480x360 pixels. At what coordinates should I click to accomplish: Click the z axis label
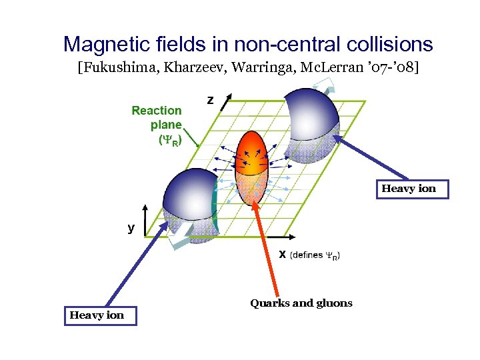pos(210,100)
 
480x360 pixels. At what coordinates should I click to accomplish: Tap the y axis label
pos(131,227)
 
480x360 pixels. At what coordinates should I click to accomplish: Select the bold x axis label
pos(283,255)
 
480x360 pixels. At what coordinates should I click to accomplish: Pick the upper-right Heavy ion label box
pos(409,189)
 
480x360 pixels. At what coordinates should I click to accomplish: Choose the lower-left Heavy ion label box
pos(97,315)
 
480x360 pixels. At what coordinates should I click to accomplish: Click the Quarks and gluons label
pos(301,303)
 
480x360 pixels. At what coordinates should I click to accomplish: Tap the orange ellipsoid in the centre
pos(251,167)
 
